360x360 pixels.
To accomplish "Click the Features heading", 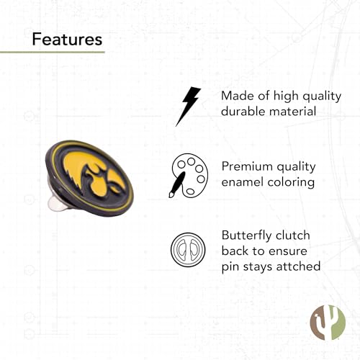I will click(x=67, y=39).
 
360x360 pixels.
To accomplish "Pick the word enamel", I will click(x=244, y=182).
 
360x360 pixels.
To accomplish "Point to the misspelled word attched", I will click(x=294, y=267).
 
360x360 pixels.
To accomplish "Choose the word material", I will click(x=294, y=112).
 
